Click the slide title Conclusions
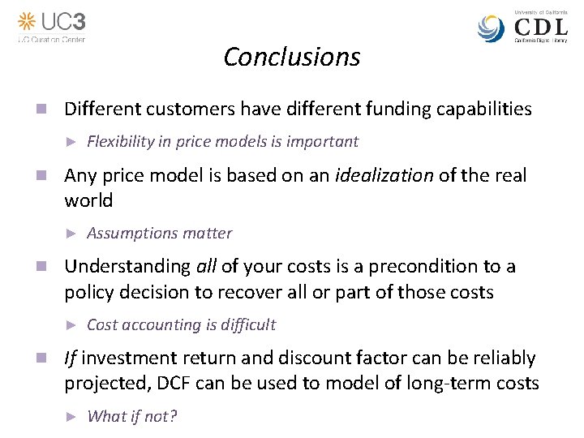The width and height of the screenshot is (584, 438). [x=291, y=57]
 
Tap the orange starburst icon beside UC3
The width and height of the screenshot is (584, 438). [x=28, y=21]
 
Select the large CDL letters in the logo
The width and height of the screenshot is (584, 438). [x=541, y=28]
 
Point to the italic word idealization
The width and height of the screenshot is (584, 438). [x=384, y=175]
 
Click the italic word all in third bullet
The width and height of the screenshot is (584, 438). [x=206, y=267]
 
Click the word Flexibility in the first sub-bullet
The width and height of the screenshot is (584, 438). [x=120, y=142]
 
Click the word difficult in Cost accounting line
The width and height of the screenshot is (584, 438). [x=248, y=325]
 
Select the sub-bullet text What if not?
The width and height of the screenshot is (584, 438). [x=131, y=417]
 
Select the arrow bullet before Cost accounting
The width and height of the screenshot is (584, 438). [x=71, y=325]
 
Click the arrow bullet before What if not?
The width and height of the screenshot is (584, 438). [x=71, y=417]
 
